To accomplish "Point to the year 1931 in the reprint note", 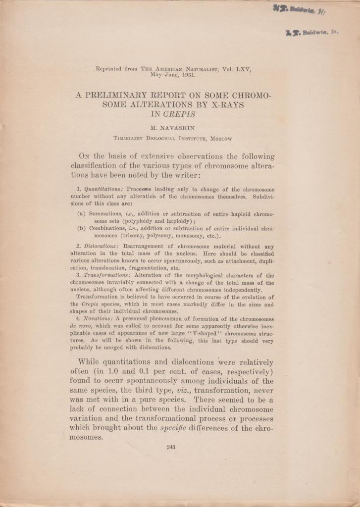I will coord(188,76).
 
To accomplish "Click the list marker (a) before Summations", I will coord(82,214).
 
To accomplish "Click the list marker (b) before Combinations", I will coord(82,228).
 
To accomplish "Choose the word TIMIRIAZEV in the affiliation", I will coord(132,139).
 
